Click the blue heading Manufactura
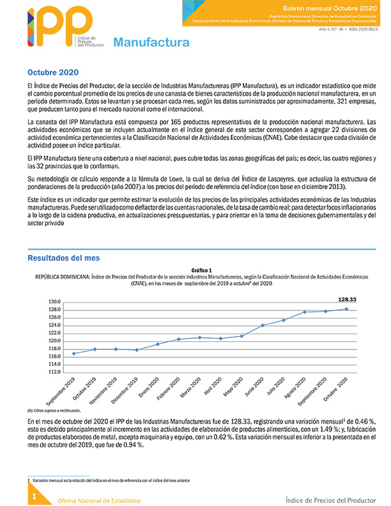pos(151,43)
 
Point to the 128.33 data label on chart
pos(347,299)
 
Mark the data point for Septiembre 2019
pos(74,353)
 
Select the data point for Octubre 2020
pos(346,309)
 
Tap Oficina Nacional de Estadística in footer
pos(99,500)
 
